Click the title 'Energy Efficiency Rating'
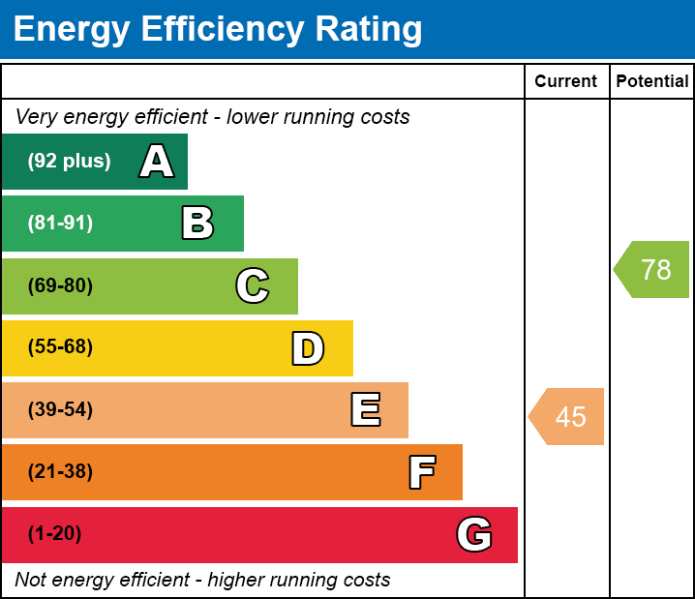[218, 30]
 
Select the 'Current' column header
[566, 82]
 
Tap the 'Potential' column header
[652, 82]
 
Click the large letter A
[157, 162]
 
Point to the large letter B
[197, 224]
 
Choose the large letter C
[253, 285]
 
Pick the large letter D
[308, 348]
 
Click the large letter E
[365, 410]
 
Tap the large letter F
[421, 472]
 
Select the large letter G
[474, 534]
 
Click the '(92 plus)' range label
[69, 162]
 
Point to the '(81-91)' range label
[60, 224]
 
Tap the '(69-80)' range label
[60, 285]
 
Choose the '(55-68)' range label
[60, 347]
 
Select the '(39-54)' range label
[60, 410]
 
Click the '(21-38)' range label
[60, 472]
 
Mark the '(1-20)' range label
[55, 534]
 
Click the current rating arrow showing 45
[567, 417]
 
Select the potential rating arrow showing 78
[652, 269]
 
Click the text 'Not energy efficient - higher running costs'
[202, 580]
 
